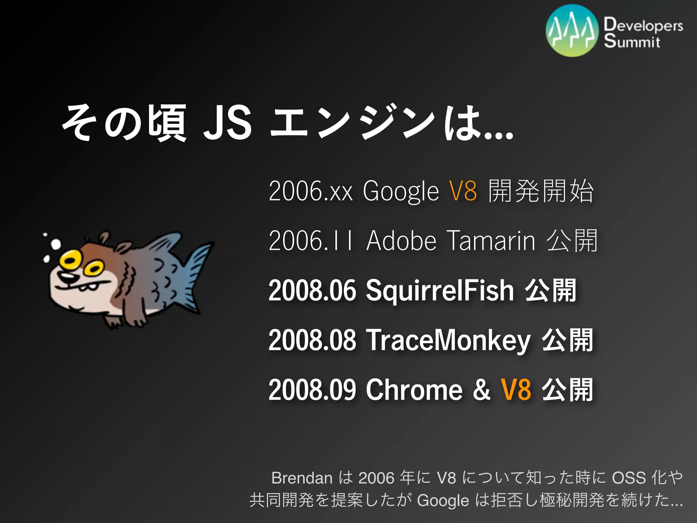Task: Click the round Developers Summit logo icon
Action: (572, 31)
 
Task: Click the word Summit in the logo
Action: (632, 41)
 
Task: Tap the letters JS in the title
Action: (227, 123)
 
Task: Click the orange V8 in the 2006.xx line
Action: (463, 191)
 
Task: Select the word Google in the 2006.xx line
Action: (401, 192)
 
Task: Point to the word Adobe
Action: (401, 241)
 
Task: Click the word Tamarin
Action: (491, 241)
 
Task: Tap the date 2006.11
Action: (310, 241)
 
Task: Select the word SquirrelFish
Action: (440, 291)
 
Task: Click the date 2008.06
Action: (312, 291)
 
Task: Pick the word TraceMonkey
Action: (448, 340)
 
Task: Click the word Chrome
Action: (414, 390)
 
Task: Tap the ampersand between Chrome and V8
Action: (481, 390)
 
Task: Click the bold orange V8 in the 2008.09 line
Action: (516, 390)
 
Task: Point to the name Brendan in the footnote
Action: (302, 478)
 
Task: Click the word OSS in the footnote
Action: (629, 478)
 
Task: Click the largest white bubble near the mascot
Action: (55, 244)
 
